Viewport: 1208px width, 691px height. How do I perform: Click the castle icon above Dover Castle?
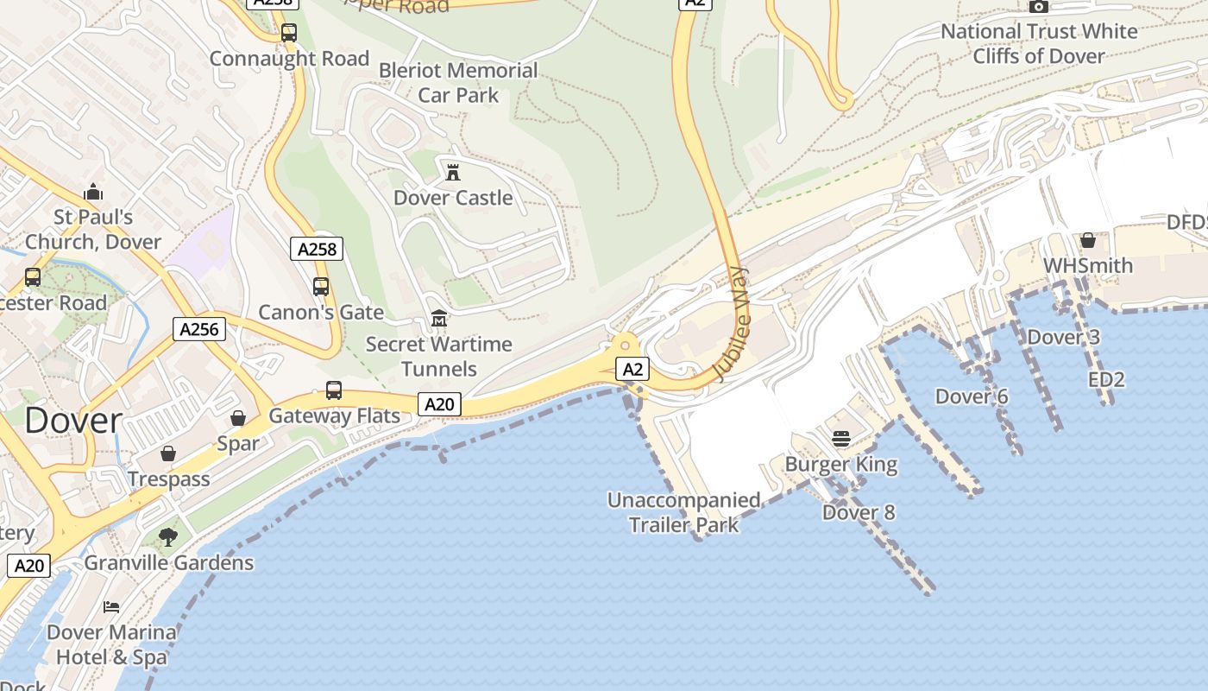pos(452,171)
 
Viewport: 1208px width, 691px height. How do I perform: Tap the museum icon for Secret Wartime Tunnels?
pos(438,319)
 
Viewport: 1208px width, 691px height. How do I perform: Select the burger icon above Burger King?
pos(841,439)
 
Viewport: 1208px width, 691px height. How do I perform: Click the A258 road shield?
pos(317,250)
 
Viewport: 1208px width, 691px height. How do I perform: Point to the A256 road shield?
pos(199,329)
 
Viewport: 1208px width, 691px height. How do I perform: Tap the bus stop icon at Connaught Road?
pos(289,33)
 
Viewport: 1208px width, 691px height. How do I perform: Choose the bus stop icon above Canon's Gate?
pos(321,286)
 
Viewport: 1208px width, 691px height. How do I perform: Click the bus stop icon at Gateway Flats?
pos(334,390)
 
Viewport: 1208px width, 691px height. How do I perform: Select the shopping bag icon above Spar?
pos(238,419)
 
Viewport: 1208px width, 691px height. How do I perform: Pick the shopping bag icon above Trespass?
pos(168,453)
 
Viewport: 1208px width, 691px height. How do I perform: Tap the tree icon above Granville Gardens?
pos(168,537)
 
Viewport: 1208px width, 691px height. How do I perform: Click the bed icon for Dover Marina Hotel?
pos(111,606)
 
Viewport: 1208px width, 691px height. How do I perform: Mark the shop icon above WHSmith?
pos(1088,239)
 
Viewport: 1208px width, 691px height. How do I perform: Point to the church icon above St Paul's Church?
pos(93,191)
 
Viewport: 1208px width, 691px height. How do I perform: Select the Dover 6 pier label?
pos(972,396)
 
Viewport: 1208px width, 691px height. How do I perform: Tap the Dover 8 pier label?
pos(859,512)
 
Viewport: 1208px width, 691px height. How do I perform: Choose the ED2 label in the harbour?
pos(1106,379)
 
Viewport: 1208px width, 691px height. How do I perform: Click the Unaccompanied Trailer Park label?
pos(683,512)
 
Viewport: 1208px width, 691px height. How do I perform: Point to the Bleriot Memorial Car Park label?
pos(458,82)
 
